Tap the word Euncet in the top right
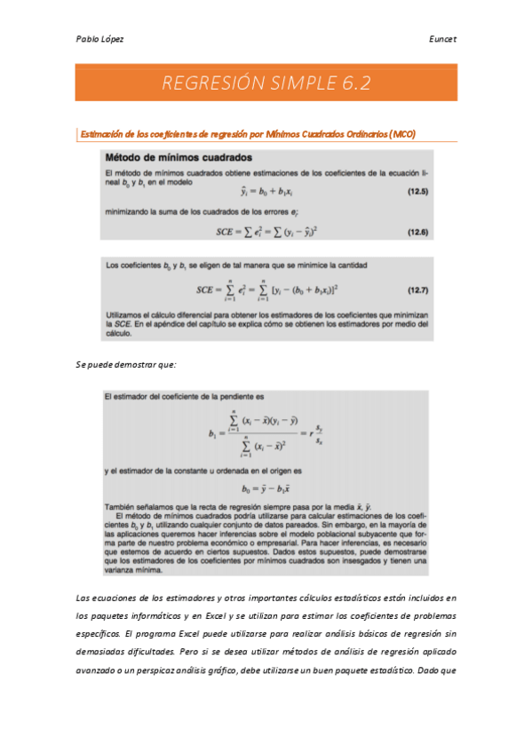[441, 39]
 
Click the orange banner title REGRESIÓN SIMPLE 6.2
[266, 83]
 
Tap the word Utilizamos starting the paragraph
[125, 315]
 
